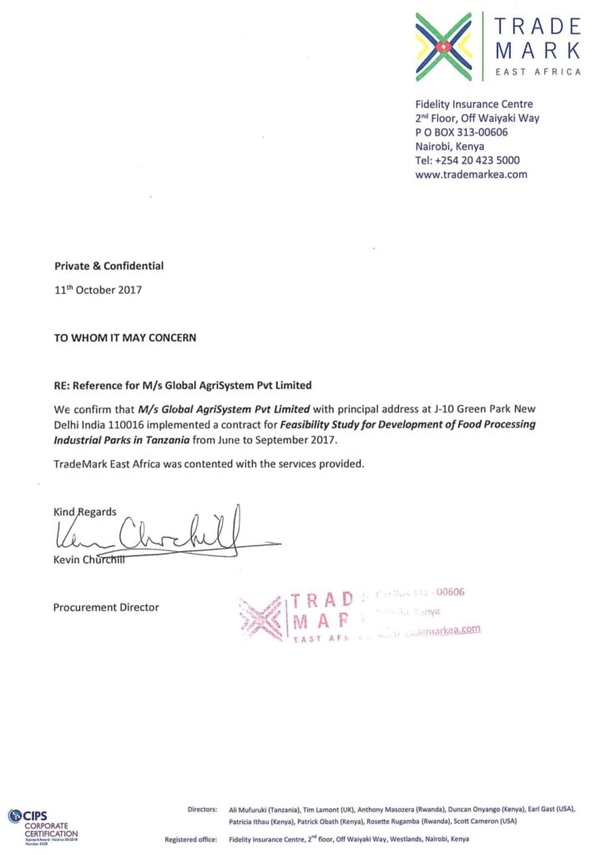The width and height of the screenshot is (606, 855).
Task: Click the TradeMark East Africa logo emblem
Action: pos(444,47)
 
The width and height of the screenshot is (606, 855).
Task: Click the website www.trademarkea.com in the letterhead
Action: pos(471,174)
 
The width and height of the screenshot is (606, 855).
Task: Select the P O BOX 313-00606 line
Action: pos(462,132)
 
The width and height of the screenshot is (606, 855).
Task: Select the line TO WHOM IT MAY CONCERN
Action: pos(126,338)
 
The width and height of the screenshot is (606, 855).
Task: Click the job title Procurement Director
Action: pos(106,607)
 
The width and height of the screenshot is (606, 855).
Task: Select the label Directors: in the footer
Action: pos(203,809)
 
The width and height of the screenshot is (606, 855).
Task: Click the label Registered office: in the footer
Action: pos(191,839)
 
